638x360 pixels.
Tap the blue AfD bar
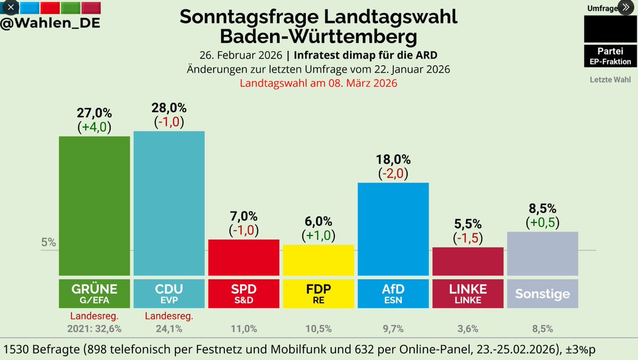pos(393,229)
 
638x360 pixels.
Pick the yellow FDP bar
pos(318,260)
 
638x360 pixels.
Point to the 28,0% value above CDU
pos(169,108)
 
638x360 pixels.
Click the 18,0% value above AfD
pos(393,160)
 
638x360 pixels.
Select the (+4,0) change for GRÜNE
pos(95,127)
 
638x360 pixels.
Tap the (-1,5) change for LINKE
pos(468,238)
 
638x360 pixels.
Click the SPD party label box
pos(244,294)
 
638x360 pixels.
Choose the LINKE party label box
pos(468,294)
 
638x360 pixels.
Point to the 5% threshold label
pos(48,243)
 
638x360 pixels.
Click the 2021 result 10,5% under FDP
pos(318,329)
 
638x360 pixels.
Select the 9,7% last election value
pos(393,329)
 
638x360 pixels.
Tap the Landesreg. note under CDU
pos(169,316)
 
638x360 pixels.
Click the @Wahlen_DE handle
pos(51,23)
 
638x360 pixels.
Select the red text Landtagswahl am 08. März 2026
pos(318,83)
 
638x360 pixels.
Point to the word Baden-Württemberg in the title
pos(318,37)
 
